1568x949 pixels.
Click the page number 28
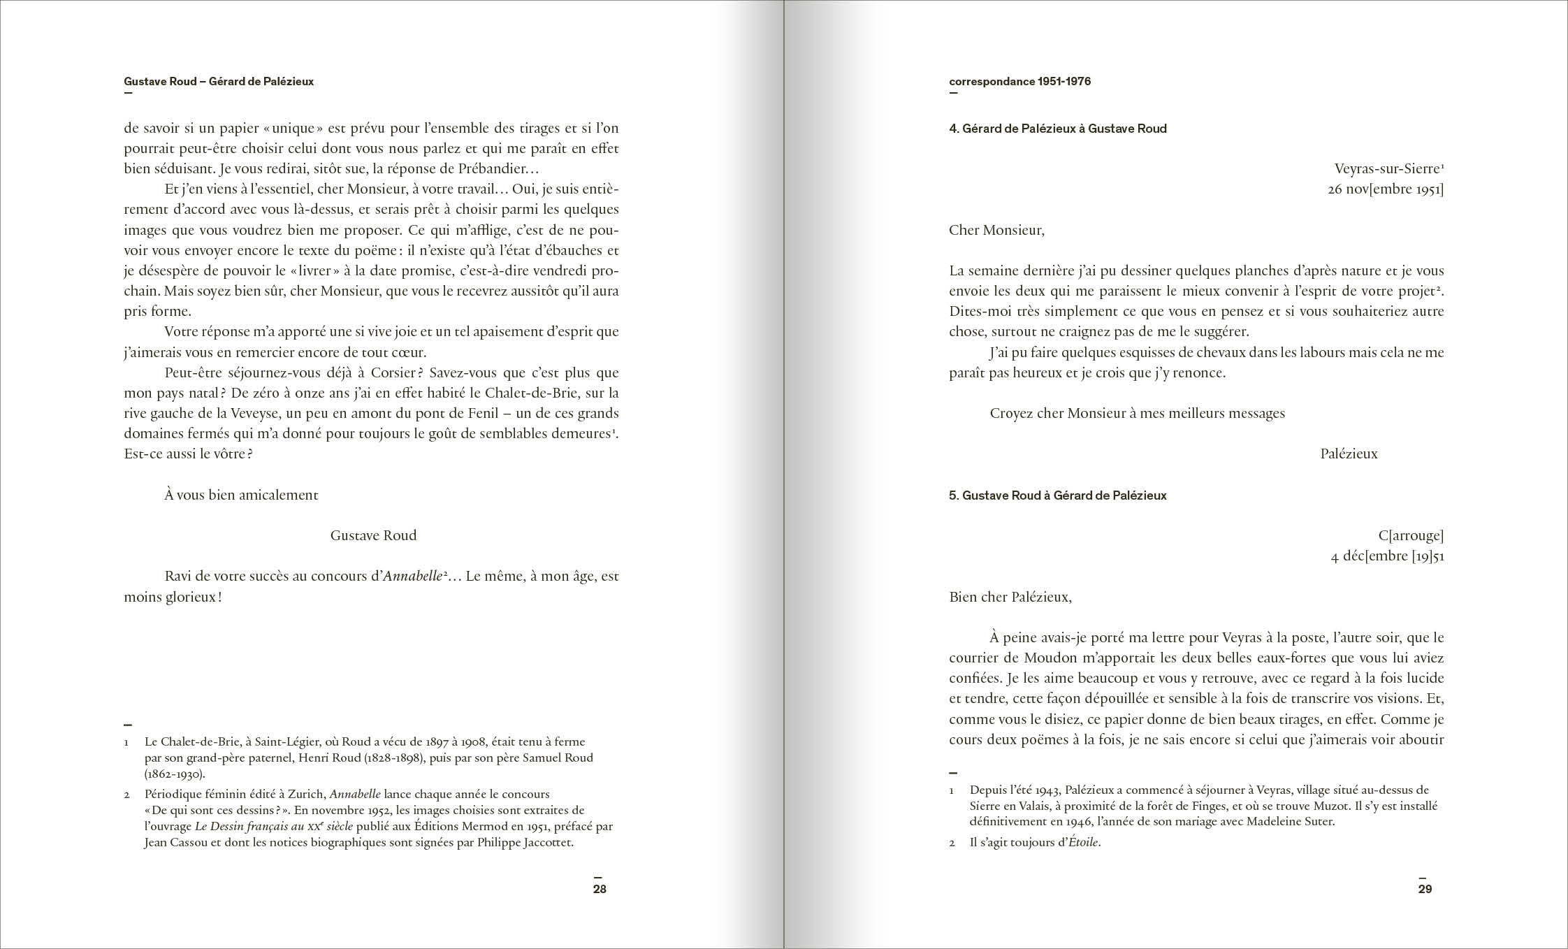coord(600,890)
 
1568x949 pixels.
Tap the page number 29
coord(1425,890)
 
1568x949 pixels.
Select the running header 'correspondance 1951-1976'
coord(1019,82)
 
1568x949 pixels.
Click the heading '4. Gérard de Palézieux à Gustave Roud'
coord(1057,129)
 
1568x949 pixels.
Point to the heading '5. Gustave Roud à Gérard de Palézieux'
coord(1057,495)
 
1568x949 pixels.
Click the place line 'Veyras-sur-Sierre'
coord(1387,169)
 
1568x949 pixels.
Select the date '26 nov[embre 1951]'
coord(1385,189)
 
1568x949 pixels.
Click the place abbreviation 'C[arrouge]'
coord(1411,536)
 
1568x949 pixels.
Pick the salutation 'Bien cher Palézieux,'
coord(1010,597)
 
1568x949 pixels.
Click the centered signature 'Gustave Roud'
coord(373,536)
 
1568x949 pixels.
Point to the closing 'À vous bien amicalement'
coord(241,495)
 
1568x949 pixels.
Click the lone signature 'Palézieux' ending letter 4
coord(1349,454)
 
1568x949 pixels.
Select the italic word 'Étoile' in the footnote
coord(1084,843)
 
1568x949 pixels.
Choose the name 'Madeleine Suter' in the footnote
coord(1290,822)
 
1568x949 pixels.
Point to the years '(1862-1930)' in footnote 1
coord(174,774)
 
